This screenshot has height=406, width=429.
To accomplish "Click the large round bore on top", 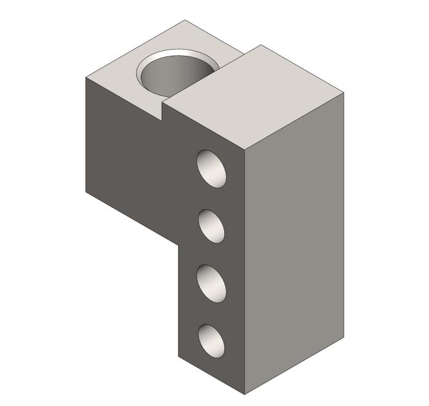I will [178, 74].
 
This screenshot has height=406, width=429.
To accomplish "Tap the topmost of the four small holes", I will [211, 167].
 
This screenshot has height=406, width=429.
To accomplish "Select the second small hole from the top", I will [211, 225].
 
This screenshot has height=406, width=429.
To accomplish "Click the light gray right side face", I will [294, 245].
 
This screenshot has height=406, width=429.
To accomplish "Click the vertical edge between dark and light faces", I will [245, 270].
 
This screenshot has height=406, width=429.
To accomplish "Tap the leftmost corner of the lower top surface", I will [85, 79].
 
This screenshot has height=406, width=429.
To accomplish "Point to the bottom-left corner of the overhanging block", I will [85, 191].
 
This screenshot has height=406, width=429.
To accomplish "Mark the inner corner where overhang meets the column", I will [178, 242].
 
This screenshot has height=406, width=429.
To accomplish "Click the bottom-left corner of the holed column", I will [178, 356].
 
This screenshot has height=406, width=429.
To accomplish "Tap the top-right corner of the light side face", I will [344, 93].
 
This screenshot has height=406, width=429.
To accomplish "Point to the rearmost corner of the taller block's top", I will [262, 45].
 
